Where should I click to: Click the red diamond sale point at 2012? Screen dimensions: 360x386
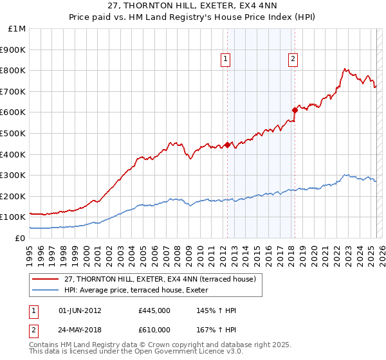click(227, 145)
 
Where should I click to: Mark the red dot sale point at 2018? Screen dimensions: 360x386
click(295, 110)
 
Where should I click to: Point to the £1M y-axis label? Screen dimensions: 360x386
click(17, 29)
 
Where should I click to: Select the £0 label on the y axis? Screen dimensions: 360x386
click(21, 238)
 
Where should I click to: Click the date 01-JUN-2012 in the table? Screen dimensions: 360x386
click(79, 310)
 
